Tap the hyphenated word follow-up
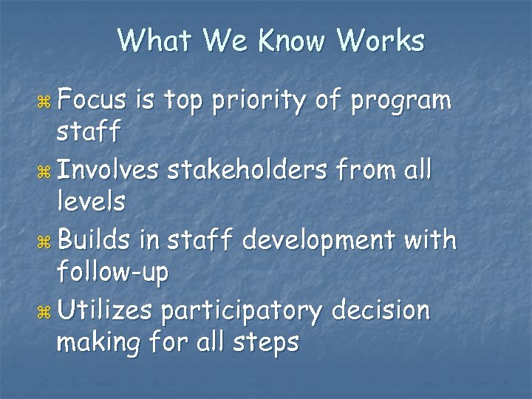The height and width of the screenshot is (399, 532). [113, 272]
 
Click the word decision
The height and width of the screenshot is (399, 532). [381, 311]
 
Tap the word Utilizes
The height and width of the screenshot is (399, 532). [105, 311]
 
